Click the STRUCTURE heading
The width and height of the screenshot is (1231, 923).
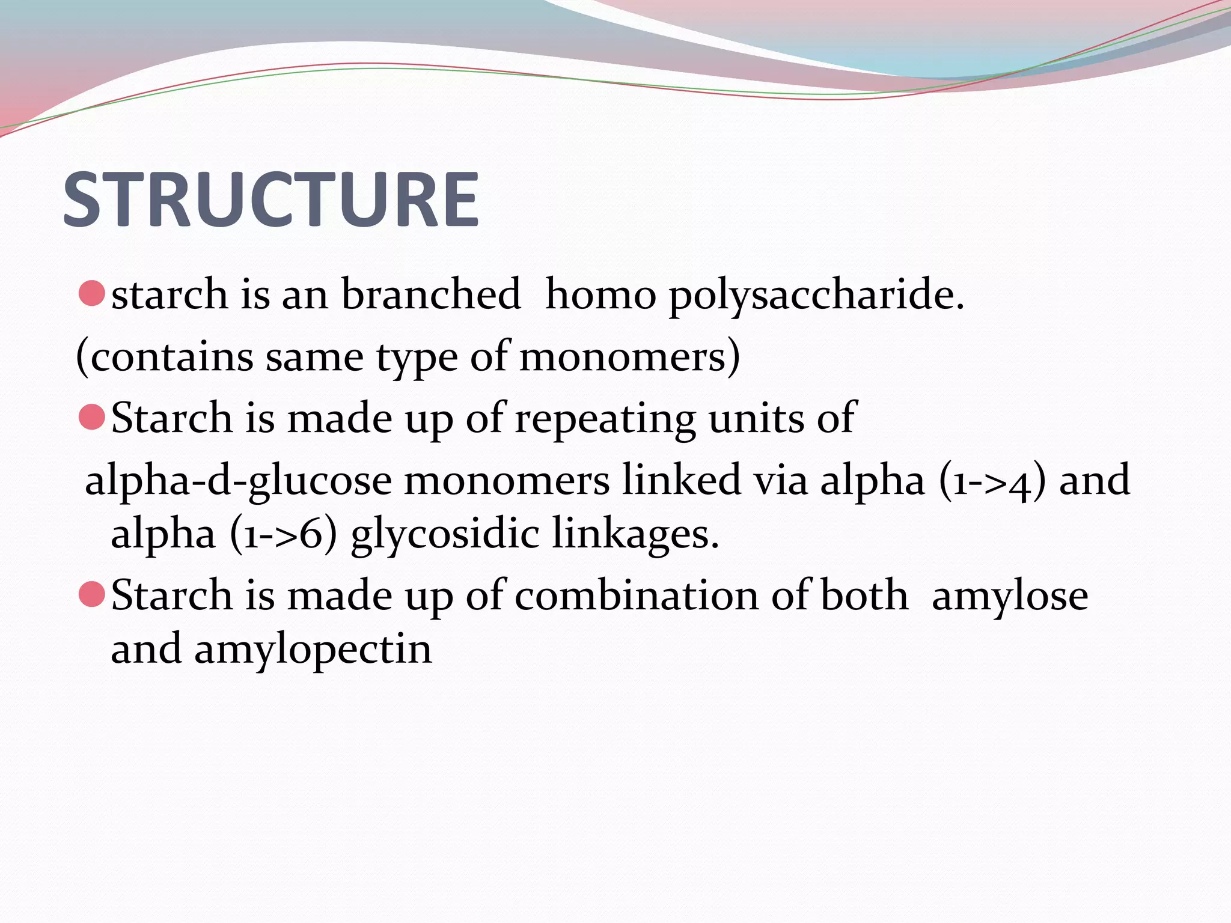(x=270, y=200)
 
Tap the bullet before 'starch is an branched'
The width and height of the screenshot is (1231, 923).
(x=92, y=294)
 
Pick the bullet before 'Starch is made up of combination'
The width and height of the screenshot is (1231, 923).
(x=92, y=594)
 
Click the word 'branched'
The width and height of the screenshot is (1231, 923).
(x=430, y=294)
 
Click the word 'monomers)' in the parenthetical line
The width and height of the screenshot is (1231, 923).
(x=629, y=357)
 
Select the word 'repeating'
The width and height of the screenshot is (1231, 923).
(x=605, y=419)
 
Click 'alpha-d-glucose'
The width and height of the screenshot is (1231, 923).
(x=238, y=481)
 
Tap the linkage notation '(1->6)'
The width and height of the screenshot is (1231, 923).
(x=283, y=534)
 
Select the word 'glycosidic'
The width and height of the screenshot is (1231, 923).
(x=445, y=535)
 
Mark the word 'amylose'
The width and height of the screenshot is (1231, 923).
(x=1010, y=596)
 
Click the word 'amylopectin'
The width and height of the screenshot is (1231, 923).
(x=313, y=650)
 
